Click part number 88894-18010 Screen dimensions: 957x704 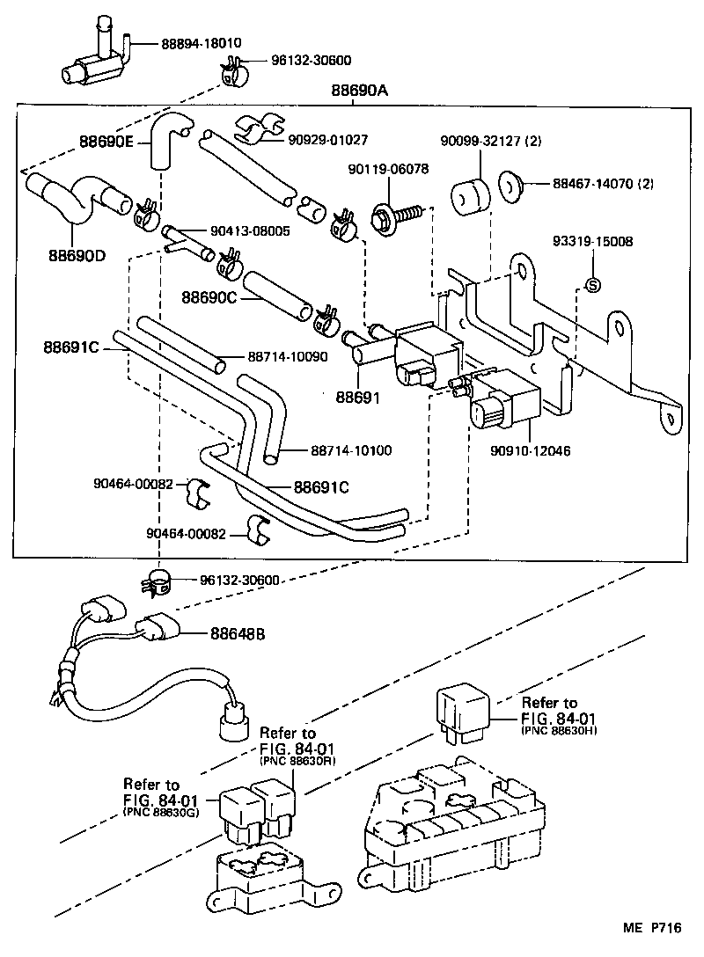[x=201, y=43]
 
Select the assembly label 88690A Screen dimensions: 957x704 [x=360, y=90]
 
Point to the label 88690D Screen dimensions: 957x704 [x=76, y=256]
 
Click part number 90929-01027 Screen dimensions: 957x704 [x=327, y=139]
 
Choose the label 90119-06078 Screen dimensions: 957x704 [x=388, y=169]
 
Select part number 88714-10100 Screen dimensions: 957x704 [x=350, y=450]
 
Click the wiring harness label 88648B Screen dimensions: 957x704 [x=238, y=633]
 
